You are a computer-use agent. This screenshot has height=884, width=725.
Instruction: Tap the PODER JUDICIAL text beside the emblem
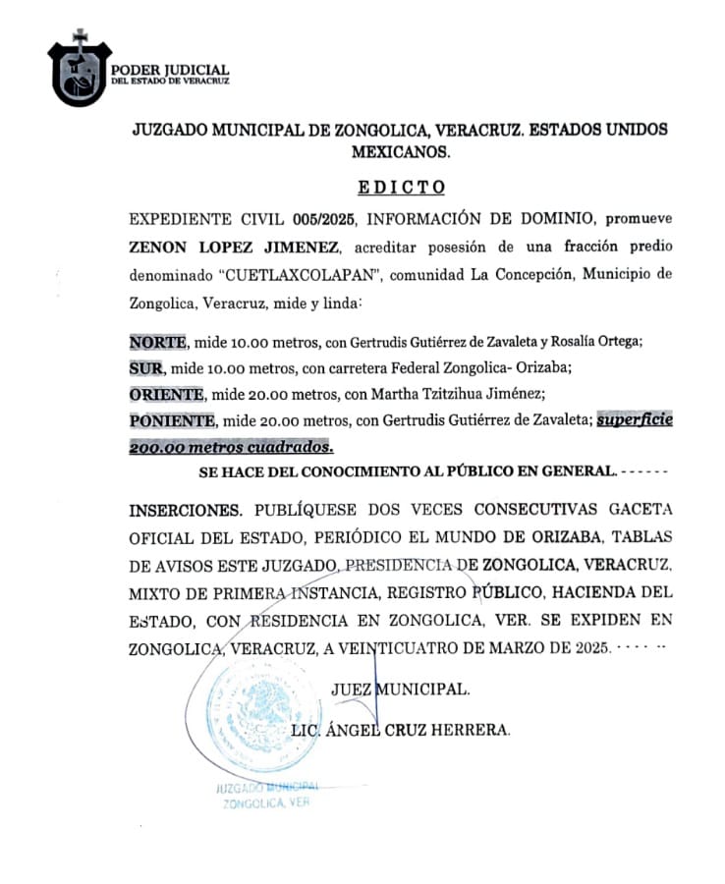pos(170,71)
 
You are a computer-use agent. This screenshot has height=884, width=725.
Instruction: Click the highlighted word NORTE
pos(157,342)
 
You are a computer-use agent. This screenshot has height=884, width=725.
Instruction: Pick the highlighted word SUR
pos(146,368)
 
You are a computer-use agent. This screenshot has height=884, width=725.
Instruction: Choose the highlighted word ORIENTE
pos(166,394)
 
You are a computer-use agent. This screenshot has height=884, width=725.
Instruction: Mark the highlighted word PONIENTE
pos(172,420)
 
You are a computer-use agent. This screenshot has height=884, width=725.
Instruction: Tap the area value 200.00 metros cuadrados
pos(230,445)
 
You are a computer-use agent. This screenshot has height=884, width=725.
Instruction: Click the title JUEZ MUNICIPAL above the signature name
pos(401,690)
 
